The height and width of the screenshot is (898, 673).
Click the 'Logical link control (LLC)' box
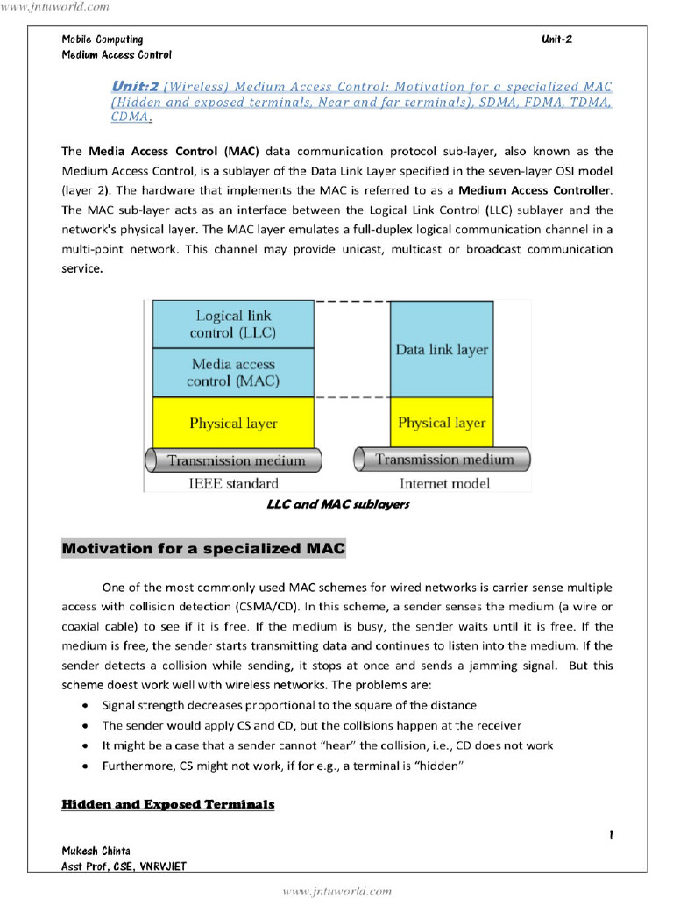click(x=233, y=324)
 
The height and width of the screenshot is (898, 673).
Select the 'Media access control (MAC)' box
click(x=233, y=373)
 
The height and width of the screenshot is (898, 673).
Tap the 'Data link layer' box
click(x=442, y=349)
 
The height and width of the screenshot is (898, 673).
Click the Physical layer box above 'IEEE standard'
click(x=233, y=423)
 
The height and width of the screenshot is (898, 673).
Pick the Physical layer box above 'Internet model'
click(x=442, y=423)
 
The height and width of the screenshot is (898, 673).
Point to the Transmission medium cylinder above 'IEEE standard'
click(x=234, y=460)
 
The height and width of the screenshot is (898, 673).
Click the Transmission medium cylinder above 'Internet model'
click(x=443, y=460)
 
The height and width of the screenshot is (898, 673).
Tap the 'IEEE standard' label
click(x=233, y=483)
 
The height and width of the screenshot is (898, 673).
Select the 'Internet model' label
click(x=444, y=483)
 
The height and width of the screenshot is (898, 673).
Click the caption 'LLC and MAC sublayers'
click(x=337, y=504)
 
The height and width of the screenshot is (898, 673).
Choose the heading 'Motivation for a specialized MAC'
click(x=203, y=549)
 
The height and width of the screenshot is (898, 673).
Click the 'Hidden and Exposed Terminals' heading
click(x=167, y=804)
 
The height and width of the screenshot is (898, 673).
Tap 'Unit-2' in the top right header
click(x=556, y=39)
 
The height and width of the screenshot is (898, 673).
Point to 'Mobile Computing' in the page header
click(x=102, y=39)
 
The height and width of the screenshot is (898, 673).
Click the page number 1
click(x=610, y=836)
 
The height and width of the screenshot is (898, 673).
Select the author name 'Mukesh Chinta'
click(x=96, y=851)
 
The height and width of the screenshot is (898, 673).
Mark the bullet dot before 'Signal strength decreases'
click(x=83, y=706)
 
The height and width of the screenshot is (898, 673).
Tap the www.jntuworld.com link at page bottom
click(x=336, y=891)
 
